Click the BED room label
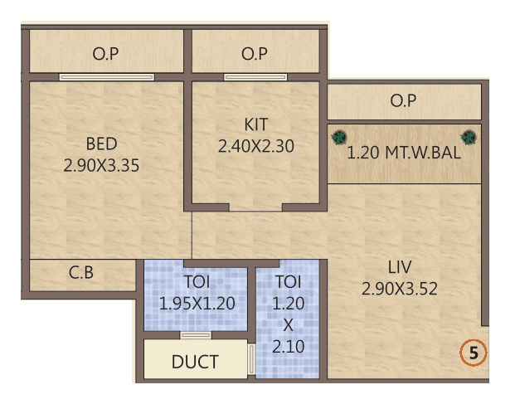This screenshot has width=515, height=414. coord(101,143)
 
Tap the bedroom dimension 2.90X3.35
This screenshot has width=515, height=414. coord(101,164)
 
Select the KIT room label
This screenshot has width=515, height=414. coord(256,124)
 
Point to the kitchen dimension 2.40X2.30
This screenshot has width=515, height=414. coord(256,146)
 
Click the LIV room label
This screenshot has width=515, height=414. coord(400,267)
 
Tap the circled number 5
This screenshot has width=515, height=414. coord(474,353)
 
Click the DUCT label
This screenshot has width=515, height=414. coord(195,362)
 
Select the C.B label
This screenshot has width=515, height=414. coord(81,271)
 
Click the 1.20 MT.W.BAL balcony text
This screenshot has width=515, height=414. coord(404,153)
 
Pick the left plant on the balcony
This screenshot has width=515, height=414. coord(338,136)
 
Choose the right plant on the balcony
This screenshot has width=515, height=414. coord(469,136)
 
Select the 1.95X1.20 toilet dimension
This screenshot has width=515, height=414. coord(196,304)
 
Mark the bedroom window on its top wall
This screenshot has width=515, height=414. coord(106,78)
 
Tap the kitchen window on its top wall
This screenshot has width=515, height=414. coord(255,78)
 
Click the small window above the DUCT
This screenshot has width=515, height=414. coord(196,335)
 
